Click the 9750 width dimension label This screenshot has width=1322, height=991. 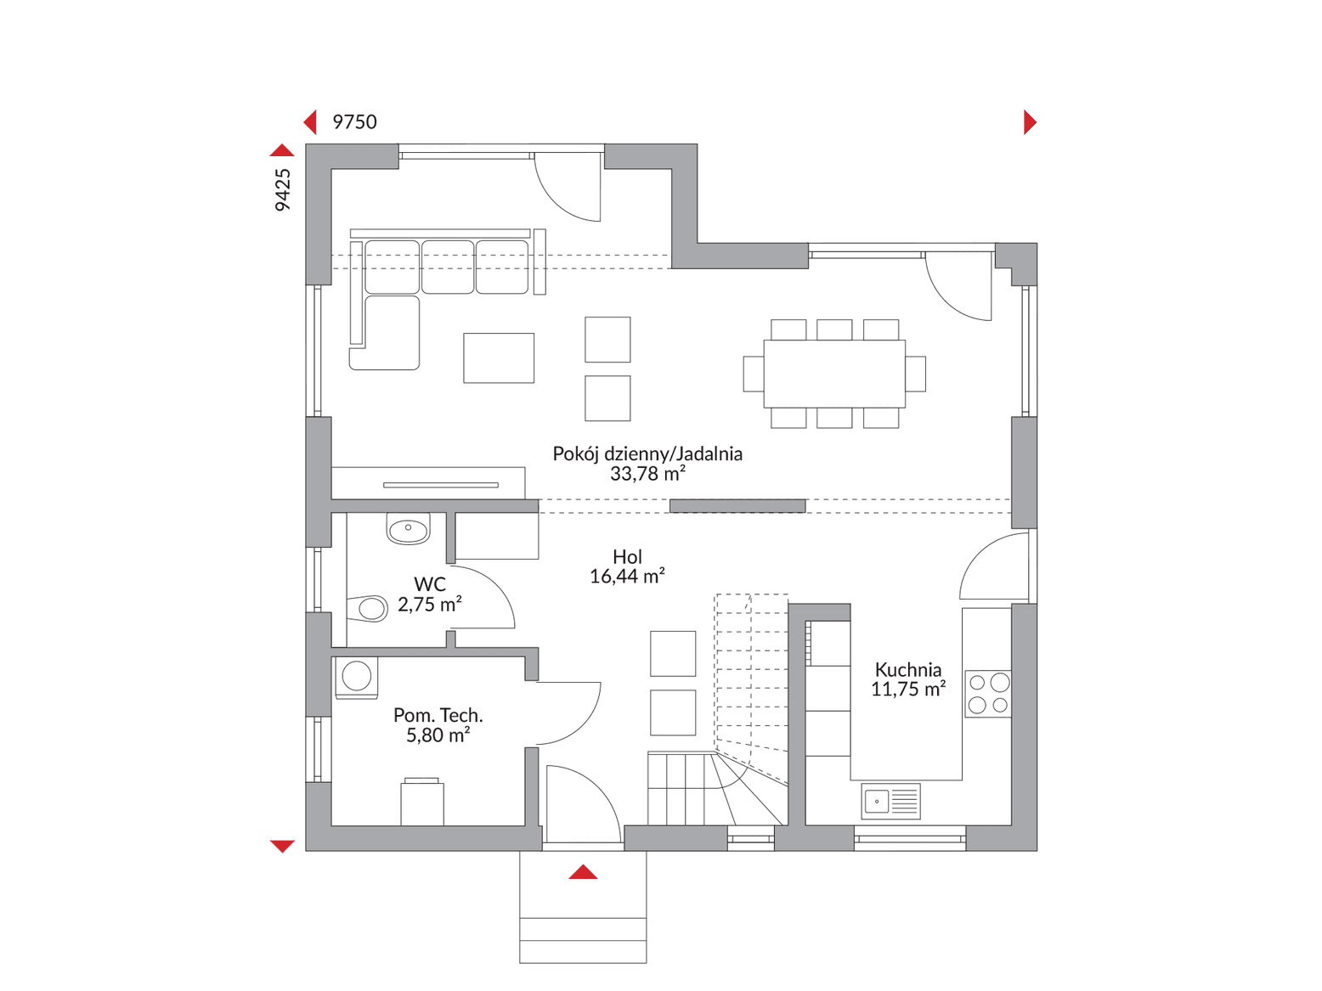click(354, 122)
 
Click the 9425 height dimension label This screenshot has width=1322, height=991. click(282, 189)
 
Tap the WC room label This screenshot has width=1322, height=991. click(429, 583)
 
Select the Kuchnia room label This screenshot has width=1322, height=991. click(907, 669)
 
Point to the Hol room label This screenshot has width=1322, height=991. click(627, 556)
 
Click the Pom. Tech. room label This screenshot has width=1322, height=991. click(438, 715)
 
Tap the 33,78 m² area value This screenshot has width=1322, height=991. click(647, 474)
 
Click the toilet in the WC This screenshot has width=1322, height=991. click(367, 608)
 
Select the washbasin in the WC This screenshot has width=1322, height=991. click(409, 529)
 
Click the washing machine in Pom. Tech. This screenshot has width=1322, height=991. click(356, 678)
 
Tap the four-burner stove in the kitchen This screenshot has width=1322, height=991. click(988, 693)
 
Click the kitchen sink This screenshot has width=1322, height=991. click(890, 801)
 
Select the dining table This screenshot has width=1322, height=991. click(834, 374)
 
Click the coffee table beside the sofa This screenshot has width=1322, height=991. click(499, 358)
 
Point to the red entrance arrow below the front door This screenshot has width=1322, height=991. click(582, 872)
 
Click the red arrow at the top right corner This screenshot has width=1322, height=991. click(1030, 122)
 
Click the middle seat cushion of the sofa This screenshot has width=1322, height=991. click(448, 267)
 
